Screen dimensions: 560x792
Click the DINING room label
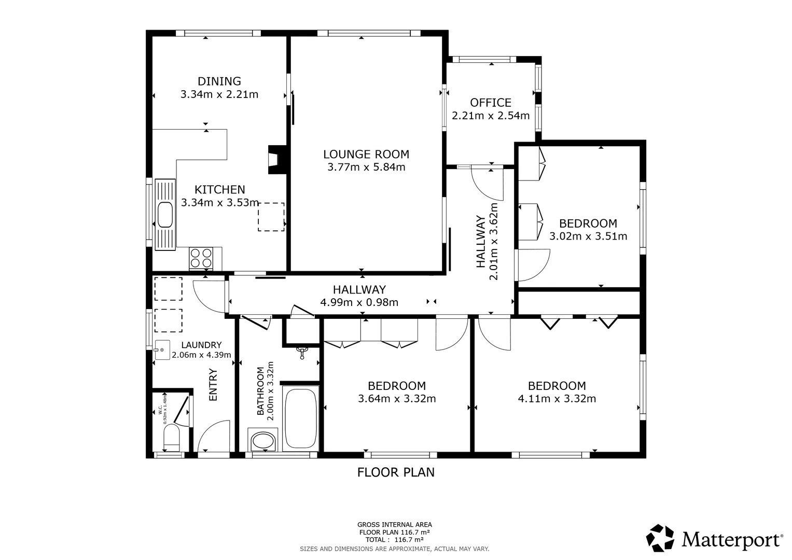pos(219,81)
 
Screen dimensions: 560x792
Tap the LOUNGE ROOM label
pos(366,154)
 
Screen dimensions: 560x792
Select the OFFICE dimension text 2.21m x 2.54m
pos(491,116)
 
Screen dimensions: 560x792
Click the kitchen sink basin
pos(165,215)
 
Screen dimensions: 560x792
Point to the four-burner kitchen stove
pos(201,258)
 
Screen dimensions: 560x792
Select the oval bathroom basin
pos(263,441)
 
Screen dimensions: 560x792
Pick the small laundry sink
pos(162,350)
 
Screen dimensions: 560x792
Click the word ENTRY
pos(213,384)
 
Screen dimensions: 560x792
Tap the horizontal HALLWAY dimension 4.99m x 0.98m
pos(359,302)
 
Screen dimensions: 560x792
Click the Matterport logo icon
pos(660,538)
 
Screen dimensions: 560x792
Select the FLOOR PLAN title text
pos(396,472)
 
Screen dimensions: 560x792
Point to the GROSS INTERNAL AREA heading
pos(394,525)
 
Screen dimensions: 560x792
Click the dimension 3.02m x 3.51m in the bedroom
pos(588,236)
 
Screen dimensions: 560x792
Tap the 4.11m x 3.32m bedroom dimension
pos(557,399)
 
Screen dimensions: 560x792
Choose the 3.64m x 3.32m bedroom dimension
pos(397,399)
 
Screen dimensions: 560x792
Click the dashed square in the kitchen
pos(271,217)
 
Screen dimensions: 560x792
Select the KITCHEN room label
pos(219,190)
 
